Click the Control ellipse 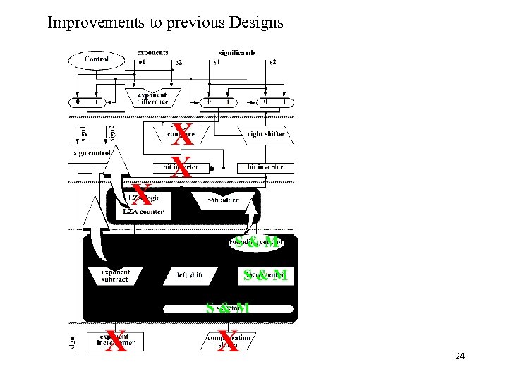point(96,60)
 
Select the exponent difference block point(153,98)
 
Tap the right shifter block point(265,133)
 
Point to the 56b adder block point(223,200)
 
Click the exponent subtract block point(114,275)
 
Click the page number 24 point(459,356)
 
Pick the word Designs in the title point(256,23)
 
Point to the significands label point(237,52)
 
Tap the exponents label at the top point(152,52)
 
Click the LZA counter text point(143,211)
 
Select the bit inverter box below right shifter point(265,167)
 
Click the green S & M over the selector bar point(227,308)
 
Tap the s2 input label point(272,63)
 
